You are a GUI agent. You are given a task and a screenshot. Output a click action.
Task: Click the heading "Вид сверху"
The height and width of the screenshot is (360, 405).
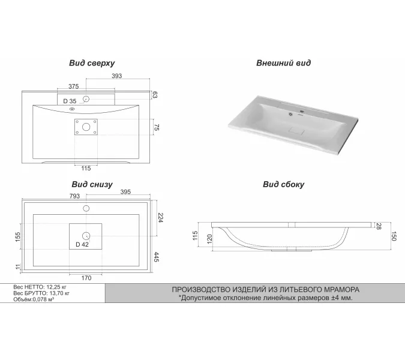coord(92,63)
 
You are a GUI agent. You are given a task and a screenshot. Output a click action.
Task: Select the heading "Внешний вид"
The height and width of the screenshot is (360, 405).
coord(283,63)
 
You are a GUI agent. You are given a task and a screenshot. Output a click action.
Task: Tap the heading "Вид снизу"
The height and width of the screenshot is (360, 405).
coord(92,184)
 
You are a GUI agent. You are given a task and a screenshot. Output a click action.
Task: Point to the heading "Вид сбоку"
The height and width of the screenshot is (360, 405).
coord(283,184)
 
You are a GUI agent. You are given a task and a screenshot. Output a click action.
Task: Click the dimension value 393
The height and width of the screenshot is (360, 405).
coord(117,76)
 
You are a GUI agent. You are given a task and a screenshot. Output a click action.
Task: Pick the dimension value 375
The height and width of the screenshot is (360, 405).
coord(73,86)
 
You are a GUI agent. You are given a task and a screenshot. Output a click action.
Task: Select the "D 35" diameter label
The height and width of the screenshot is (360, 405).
coord(70,101)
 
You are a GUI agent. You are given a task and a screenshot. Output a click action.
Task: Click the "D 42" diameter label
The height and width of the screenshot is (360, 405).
coord(82,245)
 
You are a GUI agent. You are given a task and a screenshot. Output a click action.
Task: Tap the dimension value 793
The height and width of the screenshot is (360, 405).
coord(74,196)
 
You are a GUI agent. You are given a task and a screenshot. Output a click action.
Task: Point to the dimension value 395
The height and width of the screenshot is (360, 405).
coord(125,192)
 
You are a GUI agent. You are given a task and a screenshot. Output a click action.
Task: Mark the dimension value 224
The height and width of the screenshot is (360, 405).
coord(160,218)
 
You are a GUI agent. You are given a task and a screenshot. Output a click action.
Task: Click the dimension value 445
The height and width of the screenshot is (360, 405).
coord(156,257)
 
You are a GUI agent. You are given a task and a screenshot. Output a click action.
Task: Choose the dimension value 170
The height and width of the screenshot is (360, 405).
coord(86,278)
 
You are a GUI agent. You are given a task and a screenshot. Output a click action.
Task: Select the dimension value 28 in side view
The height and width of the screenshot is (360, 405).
coord(379,226)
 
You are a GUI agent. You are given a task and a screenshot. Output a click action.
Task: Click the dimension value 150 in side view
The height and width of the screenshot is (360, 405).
coord(394,236)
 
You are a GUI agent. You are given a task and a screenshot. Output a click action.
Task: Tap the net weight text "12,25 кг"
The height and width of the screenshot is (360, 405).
coord(56,287)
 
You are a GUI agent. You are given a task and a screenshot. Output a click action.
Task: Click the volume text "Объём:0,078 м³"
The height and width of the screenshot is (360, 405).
coord(34,299)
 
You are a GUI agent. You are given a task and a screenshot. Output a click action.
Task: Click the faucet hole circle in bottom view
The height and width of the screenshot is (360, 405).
coord(86,208)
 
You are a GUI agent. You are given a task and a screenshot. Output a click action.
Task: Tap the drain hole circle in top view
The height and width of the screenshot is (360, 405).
coord(86,127)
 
